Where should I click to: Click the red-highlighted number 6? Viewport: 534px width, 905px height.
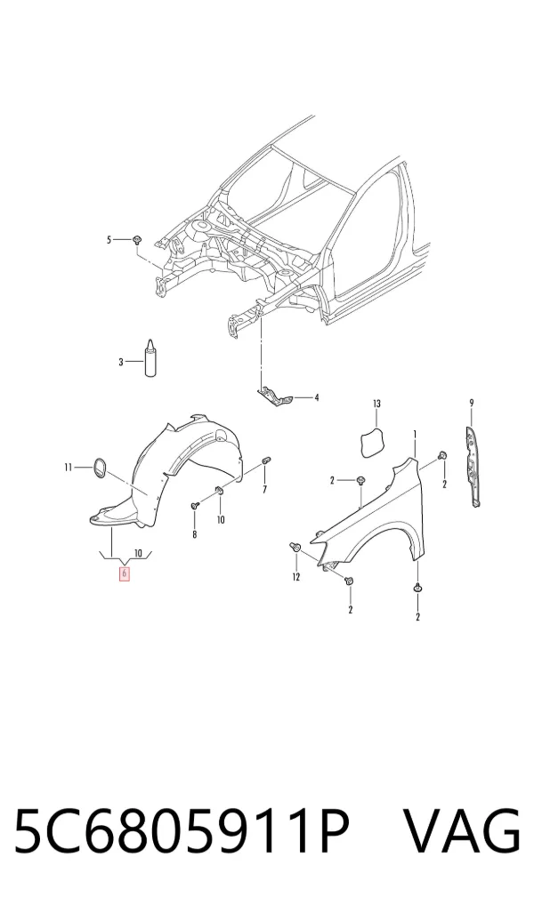(x=125, y=574)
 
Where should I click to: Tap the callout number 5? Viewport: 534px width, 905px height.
(x=109, y=239)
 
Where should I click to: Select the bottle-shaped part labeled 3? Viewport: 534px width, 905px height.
(x=150, y=359)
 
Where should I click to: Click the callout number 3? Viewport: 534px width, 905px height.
(x=121, y=362)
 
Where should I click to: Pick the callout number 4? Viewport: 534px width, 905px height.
(x=316, y=397)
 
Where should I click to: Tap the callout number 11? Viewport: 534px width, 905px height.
(x=68, y=467)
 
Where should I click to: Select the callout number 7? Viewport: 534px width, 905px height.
(x=264, y=490)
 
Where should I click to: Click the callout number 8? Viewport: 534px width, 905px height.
(x=194, y=535)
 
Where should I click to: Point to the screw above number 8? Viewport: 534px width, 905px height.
(x=194, y=506)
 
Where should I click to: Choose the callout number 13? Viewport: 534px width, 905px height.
(x=376, y=404)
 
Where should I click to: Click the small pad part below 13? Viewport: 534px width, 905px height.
(x=372, y=443)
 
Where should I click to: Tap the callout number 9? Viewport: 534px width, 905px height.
(x=471, y=403)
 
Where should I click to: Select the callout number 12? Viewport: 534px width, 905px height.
(x=295, y=577)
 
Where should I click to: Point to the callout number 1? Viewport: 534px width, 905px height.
(x=415, y=434)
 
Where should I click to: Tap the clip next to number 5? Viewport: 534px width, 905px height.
(x=137, y=239)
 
